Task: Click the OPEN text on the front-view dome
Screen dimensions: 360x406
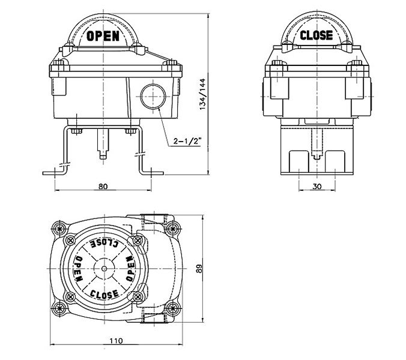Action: pyautogui.click(x=103, y=35)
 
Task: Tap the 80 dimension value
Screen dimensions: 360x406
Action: pyautogui.click(x=103, y=187)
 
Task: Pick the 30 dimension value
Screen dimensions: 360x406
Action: pyautogui.click(x=317, y=187)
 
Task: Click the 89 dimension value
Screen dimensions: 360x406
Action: pyautogui.click(x=201, y=271)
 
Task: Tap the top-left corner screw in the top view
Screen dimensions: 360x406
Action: pyautogui.click(x=58, y=229)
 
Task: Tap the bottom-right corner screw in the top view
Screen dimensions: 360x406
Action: pyautogui.click(x=174, y=309)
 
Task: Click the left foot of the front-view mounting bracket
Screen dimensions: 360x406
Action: pyautogui.click(x=53, y=173)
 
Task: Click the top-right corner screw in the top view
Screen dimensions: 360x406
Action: pyautogui.click(x=174, y=228)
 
